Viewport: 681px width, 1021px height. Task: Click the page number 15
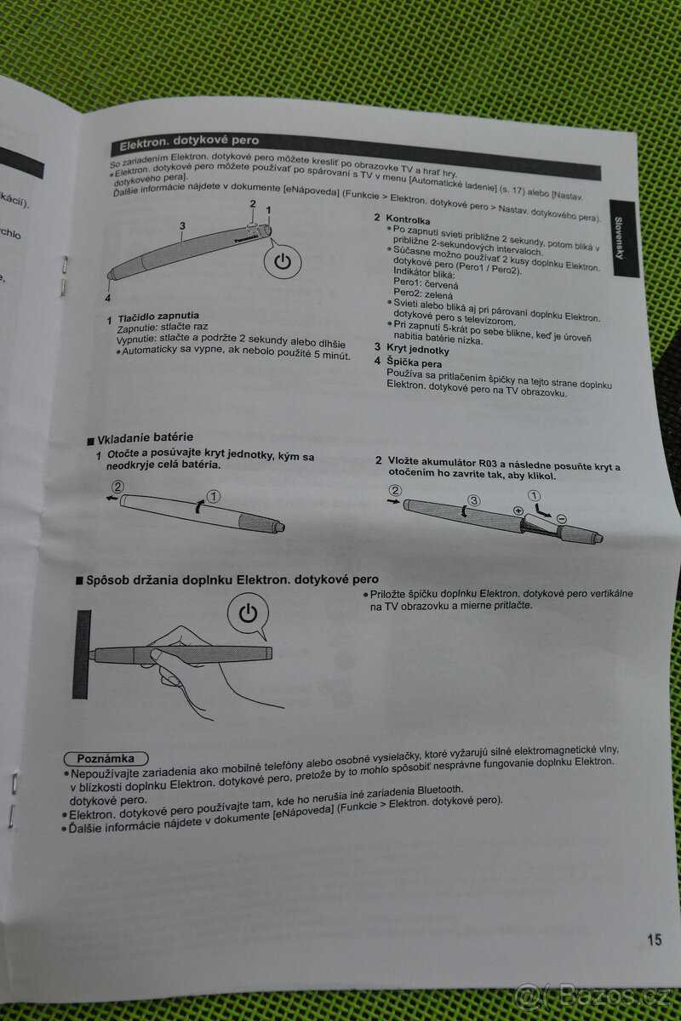654,939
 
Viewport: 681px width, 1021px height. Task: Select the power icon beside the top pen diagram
283,261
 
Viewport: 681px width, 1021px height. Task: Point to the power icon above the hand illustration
248,613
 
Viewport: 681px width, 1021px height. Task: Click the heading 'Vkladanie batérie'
145,438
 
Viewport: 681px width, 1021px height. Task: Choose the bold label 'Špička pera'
414,363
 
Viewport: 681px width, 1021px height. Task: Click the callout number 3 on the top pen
182,225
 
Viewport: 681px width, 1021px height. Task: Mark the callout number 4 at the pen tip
108,298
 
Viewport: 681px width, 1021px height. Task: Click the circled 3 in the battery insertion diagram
474,501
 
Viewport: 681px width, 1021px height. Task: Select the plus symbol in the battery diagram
518,510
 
